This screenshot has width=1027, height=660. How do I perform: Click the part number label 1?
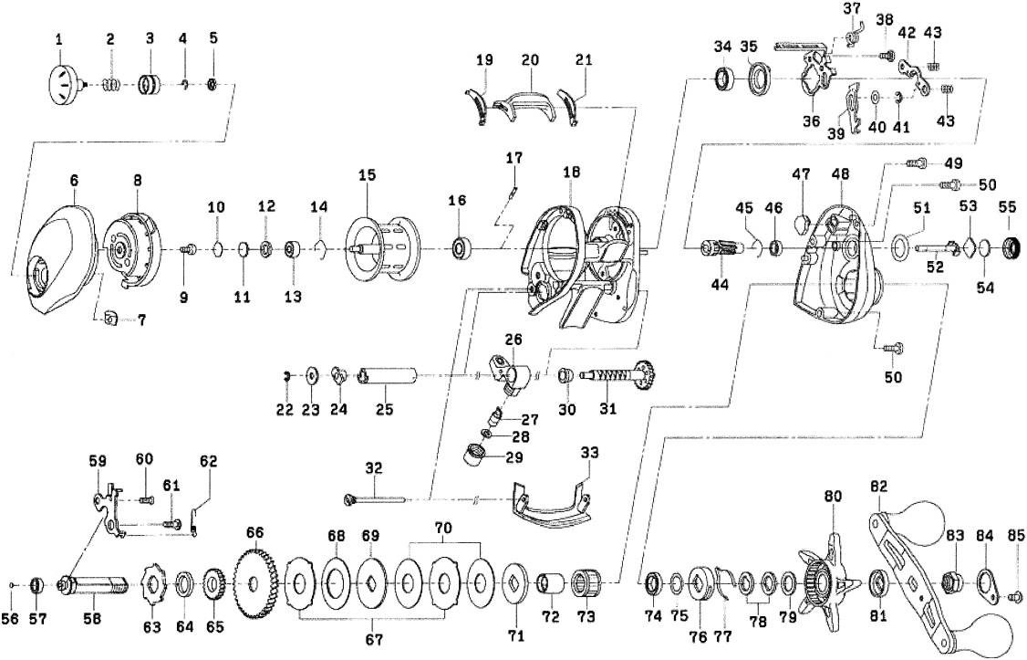[58, 40]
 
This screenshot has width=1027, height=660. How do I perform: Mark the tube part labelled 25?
[388, 376]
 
